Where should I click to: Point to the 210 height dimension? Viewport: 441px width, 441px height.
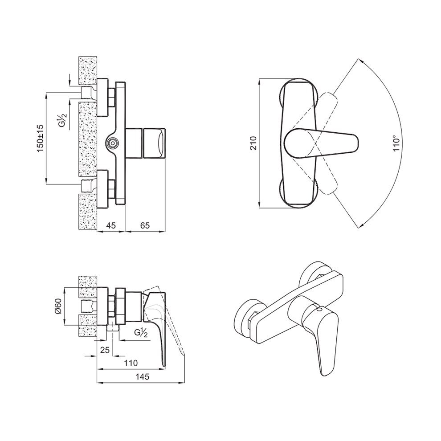click(253, 143)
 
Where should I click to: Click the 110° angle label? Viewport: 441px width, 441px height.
click(396, 143)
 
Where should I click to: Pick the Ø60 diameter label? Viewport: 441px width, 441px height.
click(58, 306)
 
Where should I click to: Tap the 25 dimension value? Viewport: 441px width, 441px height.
click(105, 350)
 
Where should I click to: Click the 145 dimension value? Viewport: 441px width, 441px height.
click(143, 376)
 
